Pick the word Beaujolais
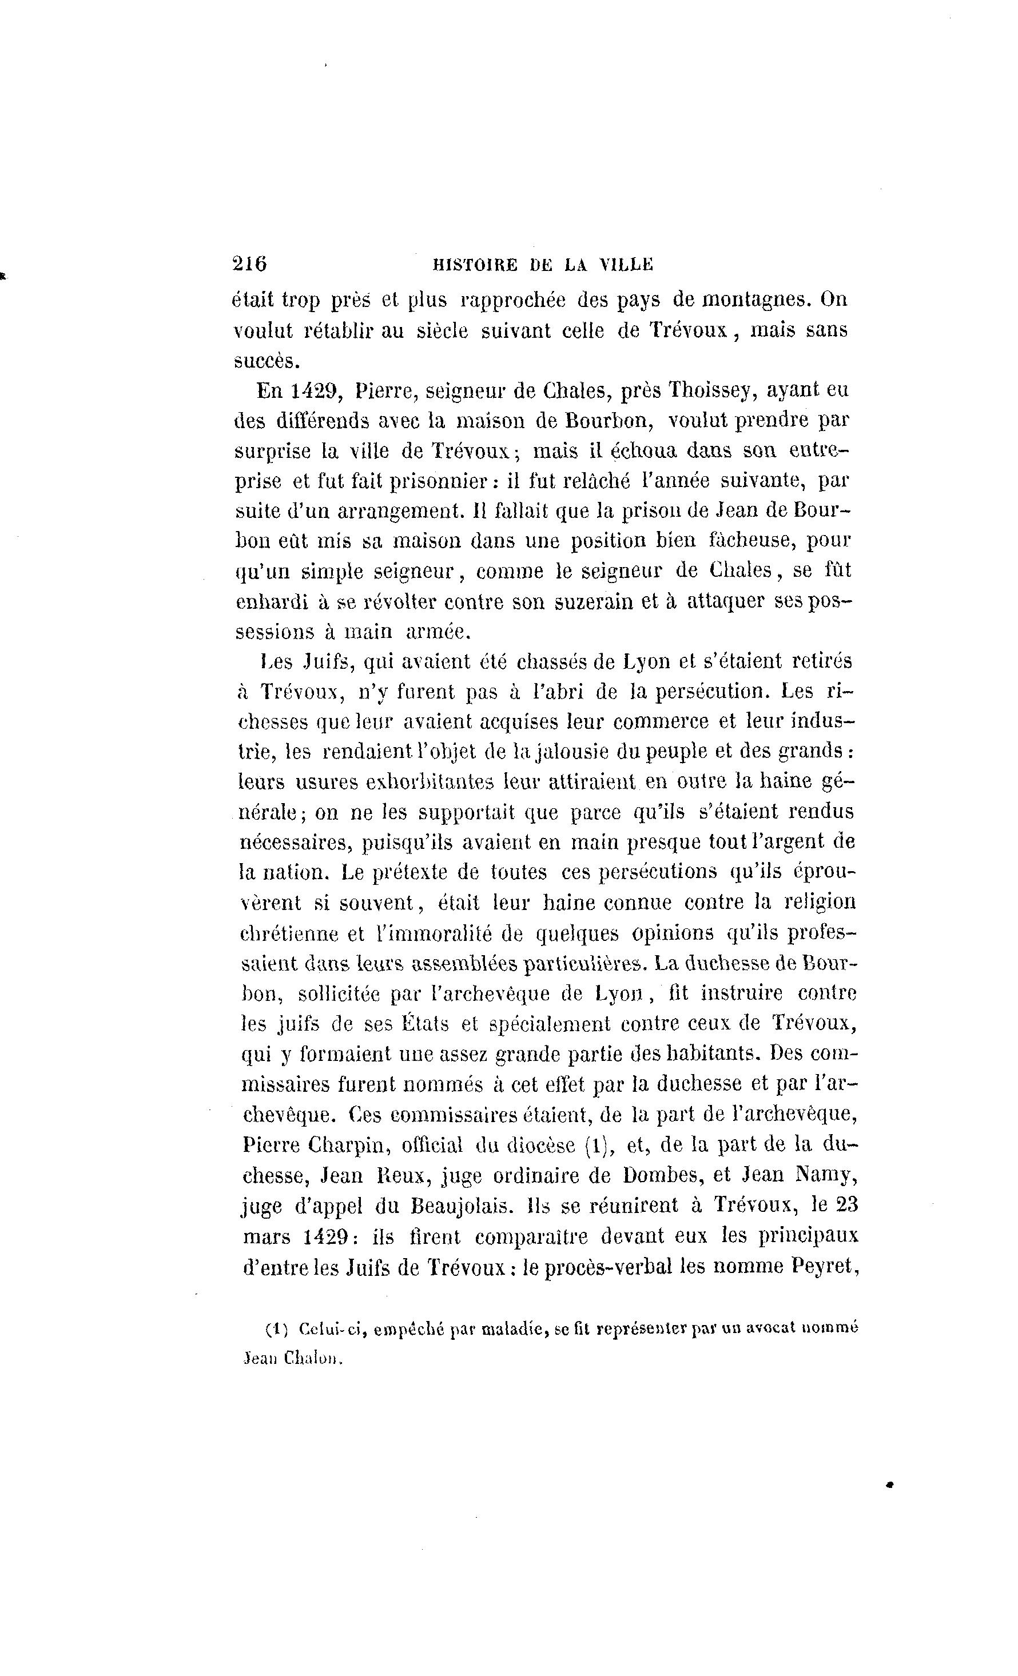point(462,1206)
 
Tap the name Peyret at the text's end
point(823,1267)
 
